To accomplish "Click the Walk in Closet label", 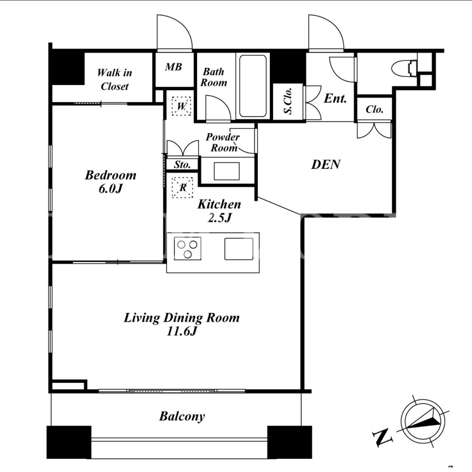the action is click(114, 80).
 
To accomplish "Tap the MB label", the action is click(173, 67).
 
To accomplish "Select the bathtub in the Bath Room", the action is click(253, 86).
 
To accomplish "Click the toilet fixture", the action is click(404, 68).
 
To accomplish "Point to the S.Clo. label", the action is click(288, 101).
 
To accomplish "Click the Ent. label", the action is click(335, 99).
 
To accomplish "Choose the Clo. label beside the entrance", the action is click(375, 109).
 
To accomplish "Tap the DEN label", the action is click(326, 164).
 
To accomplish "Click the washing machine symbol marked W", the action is click(181, 106).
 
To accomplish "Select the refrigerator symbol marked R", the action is click(182, 187).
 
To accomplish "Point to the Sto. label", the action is click(182, 165).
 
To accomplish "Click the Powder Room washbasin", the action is click(227, 171).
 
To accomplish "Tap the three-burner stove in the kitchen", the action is click(188, 248).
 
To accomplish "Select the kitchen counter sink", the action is click(239, 249).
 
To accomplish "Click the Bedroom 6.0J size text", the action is click(110, 189).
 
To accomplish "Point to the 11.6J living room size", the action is click(182, 332).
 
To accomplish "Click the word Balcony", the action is click(182, 416).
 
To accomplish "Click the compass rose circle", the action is click(423, 422).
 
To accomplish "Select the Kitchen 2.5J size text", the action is click(220, 217).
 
